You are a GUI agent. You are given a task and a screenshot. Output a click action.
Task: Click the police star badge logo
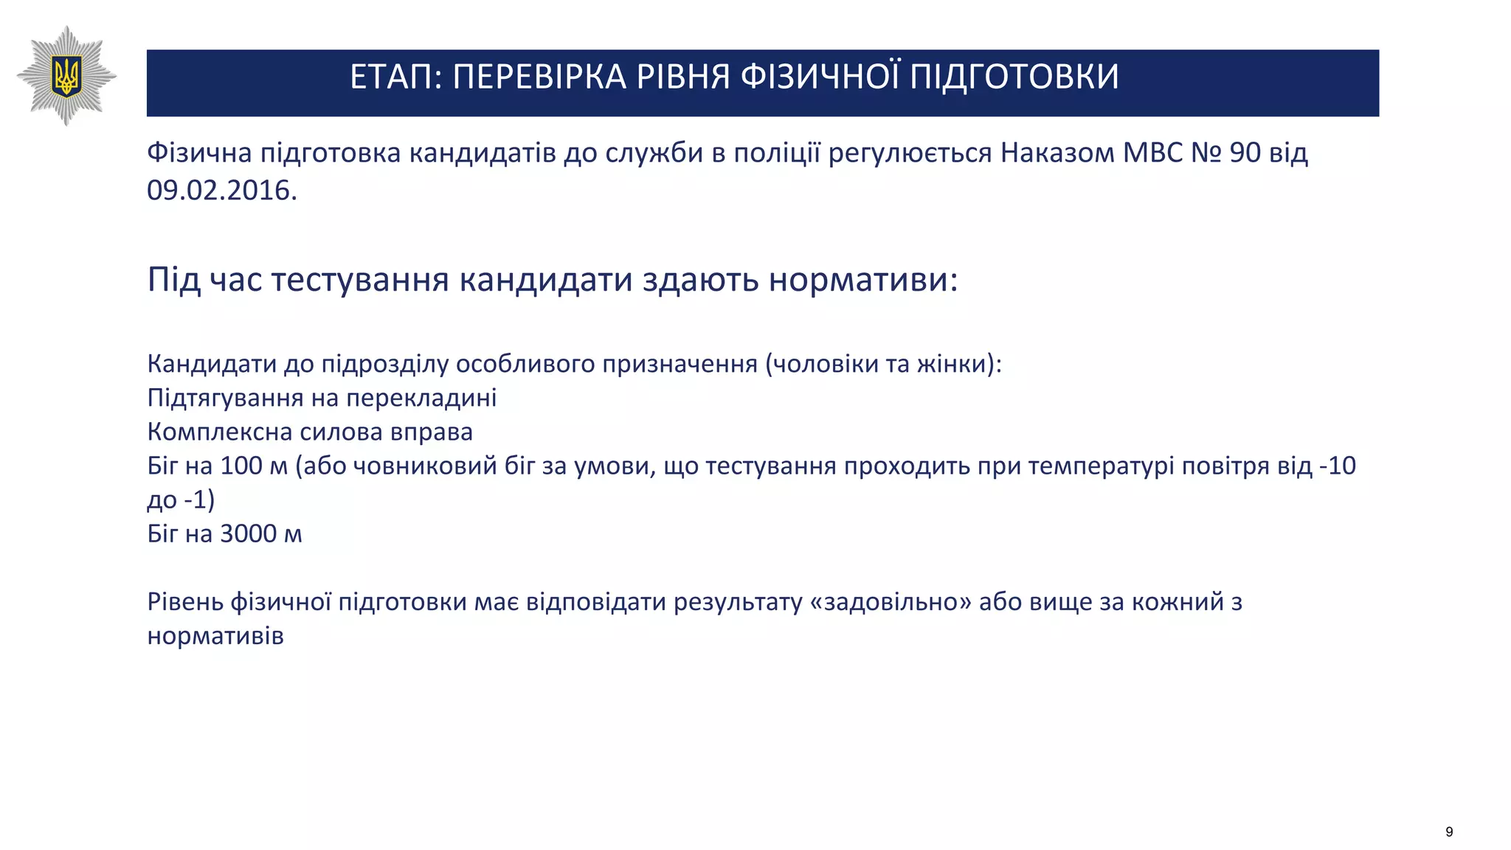tap(66, 75)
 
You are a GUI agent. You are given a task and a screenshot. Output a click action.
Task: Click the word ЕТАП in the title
tap(389, 77)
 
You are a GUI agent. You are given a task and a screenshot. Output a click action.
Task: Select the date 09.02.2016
tap(221, 190)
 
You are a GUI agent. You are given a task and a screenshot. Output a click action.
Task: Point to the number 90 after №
tap(1245, 153)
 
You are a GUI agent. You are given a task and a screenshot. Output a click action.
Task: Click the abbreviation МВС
tap(1152, 153)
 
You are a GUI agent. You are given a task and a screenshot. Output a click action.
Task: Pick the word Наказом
tap(1057, 153)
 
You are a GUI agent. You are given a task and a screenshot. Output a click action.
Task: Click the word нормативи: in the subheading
tap(863, 280)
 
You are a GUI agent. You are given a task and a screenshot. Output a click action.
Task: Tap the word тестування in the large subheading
tap(360, 280)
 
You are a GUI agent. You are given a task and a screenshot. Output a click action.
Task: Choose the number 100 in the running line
tap(241, 466)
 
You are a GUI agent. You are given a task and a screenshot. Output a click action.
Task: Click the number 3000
tap(248, 533)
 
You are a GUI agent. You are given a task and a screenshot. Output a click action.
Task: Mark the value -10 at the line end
tap(1337, 466)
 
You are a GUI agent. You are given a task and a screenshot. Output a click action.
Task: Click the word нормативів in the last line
tap(215, 636)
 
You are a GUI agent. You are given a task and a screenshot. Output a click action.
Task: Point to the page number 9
tap(1449, 832)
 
